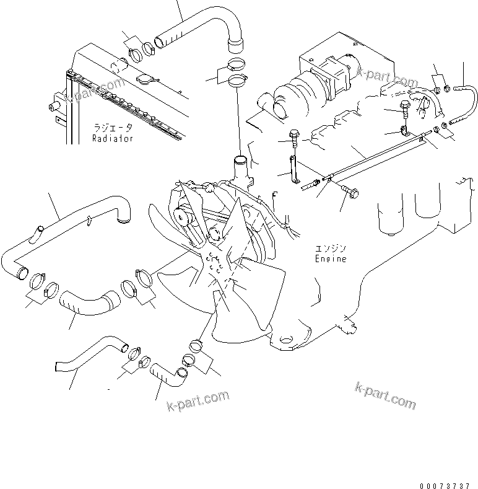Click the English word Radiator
113,139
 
